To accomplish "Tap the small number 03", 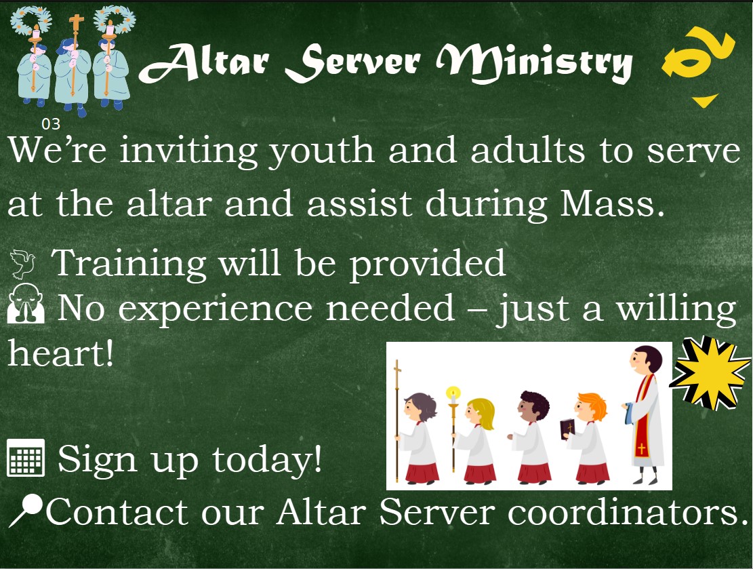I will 51,124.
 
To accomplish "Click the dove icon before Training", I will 24,263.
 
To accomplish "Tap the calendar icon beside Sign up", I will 26,458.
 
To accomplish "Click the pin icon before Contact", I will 26,511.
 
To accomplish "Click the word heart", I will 60,355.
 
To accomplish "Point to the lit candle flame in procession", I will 453,393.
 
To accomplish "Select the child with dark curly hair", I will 532,434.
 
